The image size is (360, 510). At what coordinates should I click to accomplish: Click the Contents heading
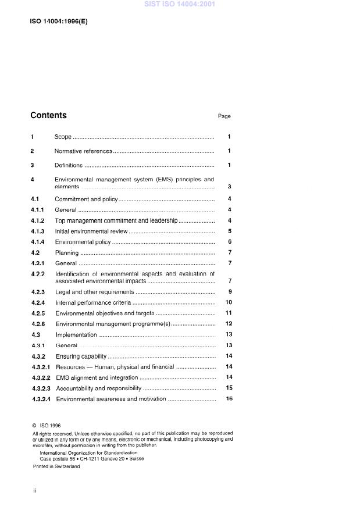[x=48, y=115]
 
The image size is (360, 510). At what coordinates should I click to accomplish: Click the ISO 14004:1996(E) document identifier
[x=59, y=22]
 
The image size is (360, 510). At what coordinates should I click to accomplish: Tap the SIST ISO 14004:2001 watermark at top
[x=180, y=4]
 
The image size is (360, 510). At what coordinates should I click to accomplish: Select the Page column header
[x=224, y=116]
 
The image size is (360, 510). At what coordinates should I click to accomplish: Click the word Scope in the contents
[x=63, y=137]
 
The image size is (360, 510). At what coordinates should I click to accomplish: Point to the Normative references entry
[x=83, y=151]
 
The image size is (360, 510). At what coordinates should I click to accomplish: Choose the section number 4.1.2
[x=38, y=221]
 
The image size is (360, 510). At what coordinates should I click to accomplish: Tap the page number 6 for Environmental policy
[x=230, y=242]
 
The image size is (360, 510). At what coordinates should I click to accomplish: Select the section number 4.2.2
[x=38, y=273]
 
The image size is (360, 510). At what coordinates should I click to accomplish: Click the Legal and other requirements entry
[x=94, y=292]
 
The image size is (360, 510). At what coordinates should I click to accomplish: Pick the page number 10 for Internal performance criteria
[x=229, y=303]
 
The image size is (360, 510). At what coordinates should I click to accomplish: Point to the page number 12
[x=229, y=324]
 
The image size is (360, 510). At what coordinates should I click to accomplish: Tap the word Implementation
[x=76, y=335]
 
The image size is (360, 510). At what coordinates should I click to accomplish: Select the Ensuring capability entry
[x=81, y=356]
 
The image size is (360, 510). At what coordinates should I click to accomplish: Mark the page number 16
[x=229, y=399]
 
